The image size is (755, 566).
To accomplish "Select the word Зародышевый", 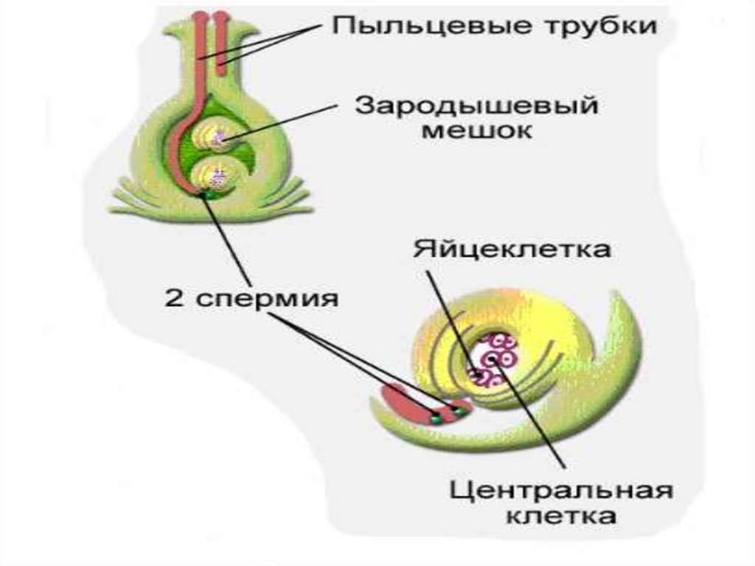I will click(477, 106).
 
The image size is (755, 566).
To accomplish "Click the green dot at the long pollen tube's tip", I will click(209, 194).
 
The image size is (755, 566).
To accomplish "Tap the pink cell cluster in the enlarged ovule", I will click(493, 358).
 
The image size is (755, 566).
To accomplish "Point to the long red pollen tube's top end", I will click(201, 16).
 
